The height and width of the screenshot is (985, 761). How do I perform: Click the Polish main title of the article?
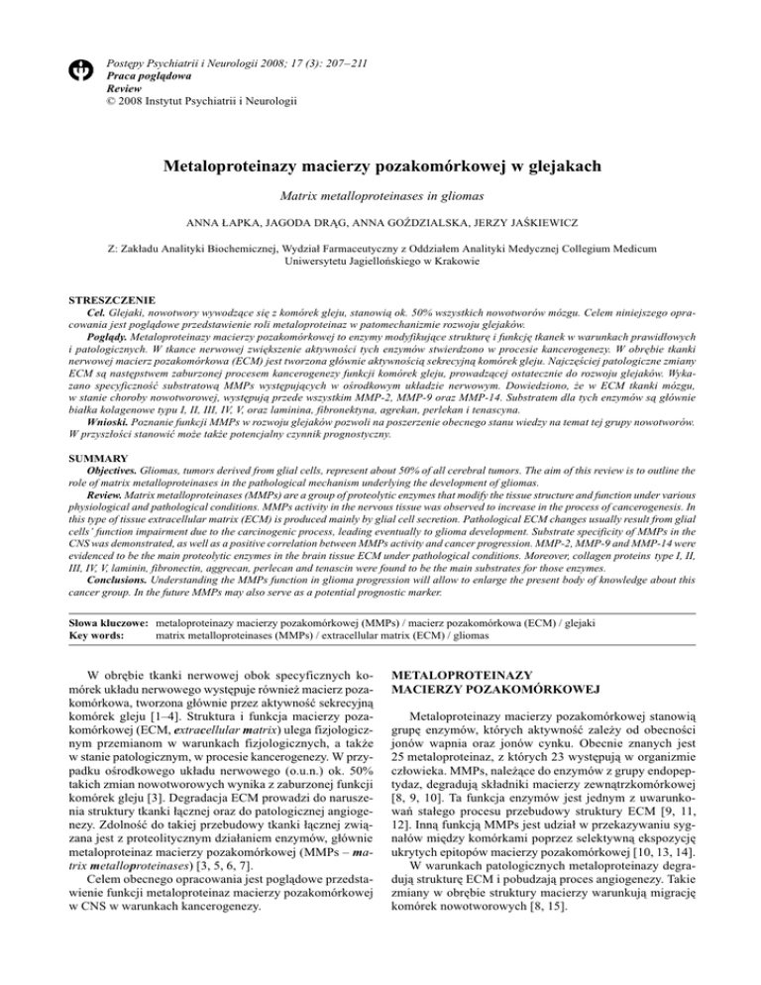tap(380, 167)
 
